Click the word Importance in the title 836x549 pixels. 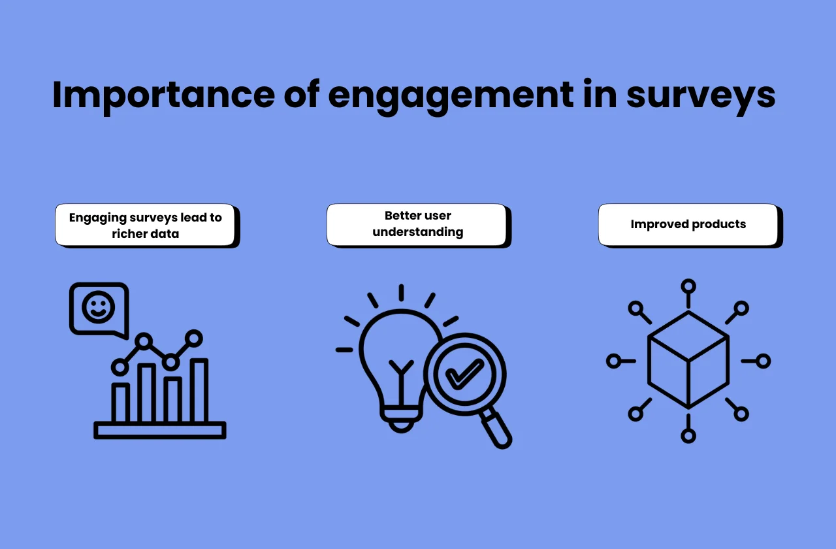163,95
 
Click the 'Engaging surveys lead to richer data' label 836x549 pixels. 145,225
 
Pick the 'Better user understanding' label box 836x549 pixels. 417,224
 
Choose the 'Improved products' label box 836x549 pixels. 688,224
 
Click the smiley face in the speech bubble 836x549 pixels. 99,307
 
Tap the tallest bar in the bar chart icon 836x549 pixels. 199,391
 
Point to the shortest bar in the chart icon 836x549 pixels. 120,403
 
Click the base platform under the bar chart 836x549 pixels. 160,430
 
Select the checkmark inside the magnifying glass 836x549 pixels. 464,374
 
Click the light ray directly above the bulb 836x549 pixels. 401,292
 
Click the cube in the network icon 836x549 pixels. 688,360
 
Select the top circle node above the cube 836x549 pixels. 688,286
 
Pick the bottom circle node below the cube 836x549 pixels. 688,435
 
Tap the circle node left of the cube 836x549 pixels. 613,361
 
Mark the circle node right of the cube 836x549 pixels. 763,361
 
